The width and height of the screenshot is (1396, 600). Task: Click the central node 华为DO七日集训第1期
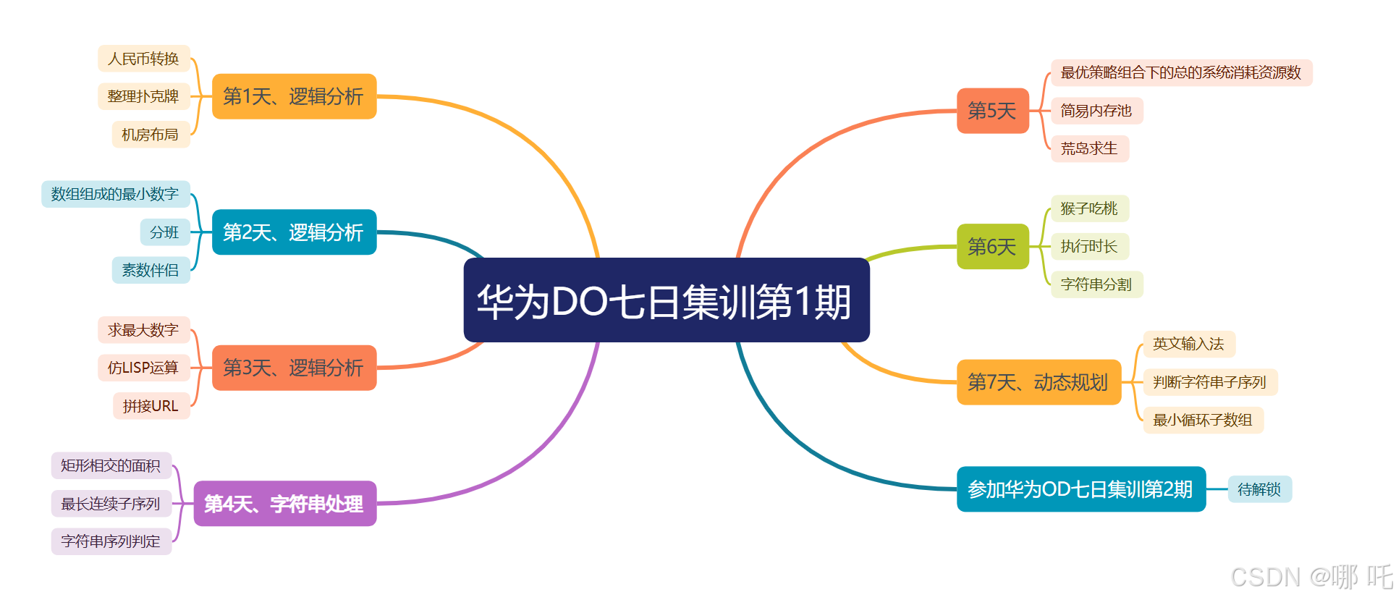pyautogui.click(x=666, y=300)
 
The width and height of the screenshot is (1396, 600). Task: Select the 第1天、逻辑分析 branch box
pyautogui.click(x=294, y=96)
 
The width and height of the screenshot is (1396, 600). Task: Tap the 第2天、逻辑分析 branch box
pyautogui.click(x=294, y=232)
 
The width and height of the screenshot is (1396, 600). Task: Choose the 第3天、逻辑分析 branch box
pyautogui.click(x=294, y=368)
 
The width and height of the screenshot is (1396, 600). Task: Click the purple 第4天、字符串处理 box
pyautogui.click(x=284, y=504)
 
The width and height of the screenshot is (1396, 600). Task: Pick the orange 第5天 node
pyautogui.click(x=992, y=111)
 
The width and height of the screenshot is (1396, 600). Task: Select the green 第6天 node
pyautogui.click(x=992, y=247)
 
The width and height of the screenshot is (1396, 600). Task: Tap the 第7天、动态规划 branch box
pyautogui.click(x=1038, y=382)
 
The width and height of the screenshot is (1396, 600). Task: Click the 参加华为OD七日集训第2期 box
pyautogui.click(x=1080, y=489)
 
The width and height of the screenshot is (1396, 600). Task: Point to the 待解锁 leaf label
pyautogui.click(x=1259, y=489)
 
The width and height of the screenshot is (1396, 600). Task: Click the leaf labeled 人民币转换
pyautogui.click(x=143, y=59)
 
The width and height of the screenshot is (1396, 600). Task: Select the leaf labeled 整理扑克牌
pyautogui.click(x=143, y=96)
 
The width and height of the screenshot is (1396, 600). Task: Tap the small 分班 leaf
pyautogui.click(x=164, y=232)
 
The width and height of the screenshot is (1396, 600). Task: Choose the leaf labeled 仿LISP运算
pyautogui.click(x=143, y=368)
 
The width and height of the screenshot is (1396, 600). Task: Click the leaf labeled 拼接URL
pyautogui.click(x=151, y=406)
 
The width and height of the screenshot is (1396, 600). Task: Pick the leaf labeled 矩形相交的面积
pyautogui.click(x=111, y=465)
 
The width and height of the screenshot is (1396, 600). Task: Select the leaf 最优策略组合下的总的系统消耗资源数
pyautogui.click(x=1180, y=72)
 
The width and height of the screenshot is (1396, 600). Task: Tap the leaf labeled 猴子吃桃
pyautogui.click(x=1089, y=208)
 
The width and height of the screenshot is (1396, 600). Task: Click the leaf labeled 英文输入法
pyautogui.click(x=1188, y=344)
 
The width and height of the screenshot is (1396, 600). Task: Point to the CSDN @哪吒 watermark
pyautogui.click(x=1311, y=577)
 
